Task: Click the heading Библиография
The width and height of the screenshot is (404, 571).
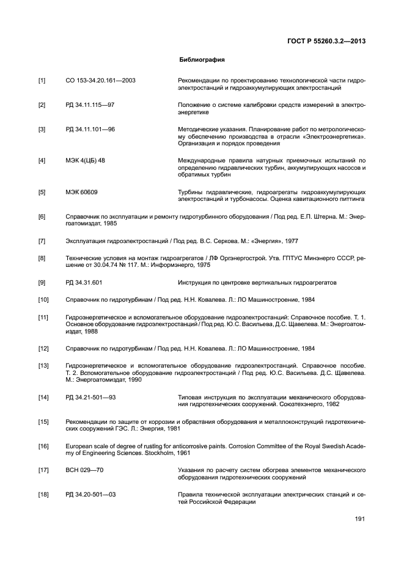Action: (202, 60)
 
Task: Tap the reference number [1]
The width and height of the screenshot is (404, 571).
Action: (42, 81)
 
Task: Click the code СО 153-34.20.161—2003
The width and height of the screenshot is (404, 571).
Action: (100, 81)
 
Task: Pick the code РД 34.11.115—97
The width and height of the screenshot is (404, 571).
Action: (90, 105)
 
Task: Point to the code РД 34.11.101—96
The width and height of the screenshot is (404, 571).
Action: (90, 129)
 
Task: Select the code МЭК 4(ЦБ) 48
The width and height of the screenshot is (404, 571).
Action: (85, 161)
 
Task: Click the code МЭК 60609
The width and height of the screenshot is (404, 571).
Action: (81, 192)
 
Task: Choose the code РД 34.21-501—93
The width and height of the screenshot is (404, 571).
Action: (90, 397)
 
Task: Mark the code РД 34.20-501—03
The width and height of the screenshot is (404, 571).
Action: (90, 495)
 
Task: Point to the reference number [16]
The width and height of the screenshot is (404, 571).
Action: (43, 446)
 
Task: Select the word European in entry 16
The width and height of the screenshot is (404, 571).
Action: (79, 446)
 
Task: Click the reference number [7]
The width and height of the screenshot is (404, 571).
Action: (42, 241)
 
